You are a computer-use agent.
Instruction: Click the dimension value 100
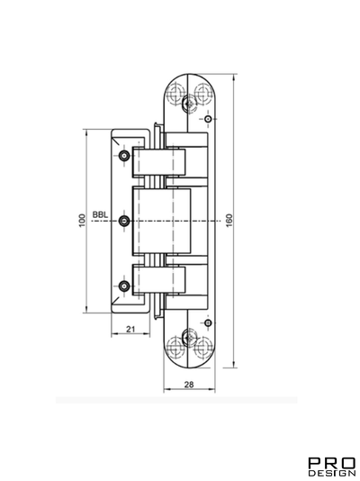point(81,220)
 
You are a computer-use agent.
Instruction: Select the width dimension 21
point(130,330)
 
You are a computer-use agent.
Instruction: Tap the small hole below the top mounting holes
point(207,120)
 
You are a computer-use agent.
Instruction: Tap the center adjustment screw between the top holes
point(187,104)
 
